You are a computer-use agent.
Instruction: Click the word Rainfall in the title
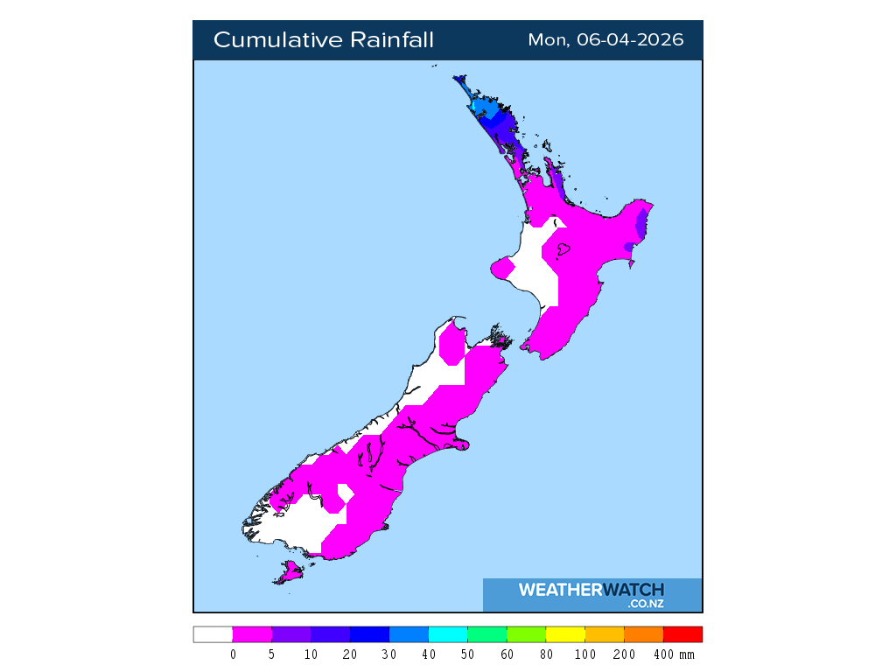click(392, 40)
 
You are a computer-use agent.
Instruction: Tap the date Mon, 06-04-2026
click(605, 40)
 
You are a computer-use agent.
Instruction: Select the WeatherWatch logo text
click(591, 590)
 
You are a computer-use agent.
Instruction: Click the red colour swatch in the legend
click(682, 634)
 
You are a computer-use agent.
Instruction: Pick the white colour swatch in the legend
click(213, 634)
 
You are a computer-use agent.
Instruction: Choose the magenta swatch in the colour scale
click(252, 634)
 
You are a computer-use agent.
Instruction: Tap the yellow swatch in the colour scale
click(565, 634)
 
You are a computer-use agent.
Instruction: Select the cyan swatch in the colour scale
click(448, 634)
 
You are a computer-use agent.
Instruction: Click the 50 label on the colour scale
click(468, 654)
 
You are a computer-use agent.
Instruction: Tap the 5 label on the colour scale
click(272, 654)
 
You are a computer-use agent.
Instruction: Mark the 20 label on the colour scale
click(350, 654)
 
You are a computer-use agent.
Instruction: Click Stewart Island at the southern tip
click(289, 573)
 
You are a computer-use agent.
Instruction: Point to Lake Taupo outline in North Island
click(563, 249)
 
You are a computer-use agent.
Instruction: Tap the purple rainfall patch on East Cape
click(642, 224)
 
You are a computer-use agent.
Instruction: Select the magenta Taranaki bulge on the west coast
click(501, 268)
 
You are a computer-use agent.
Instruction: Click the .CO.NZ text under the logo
click(646, 604)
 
